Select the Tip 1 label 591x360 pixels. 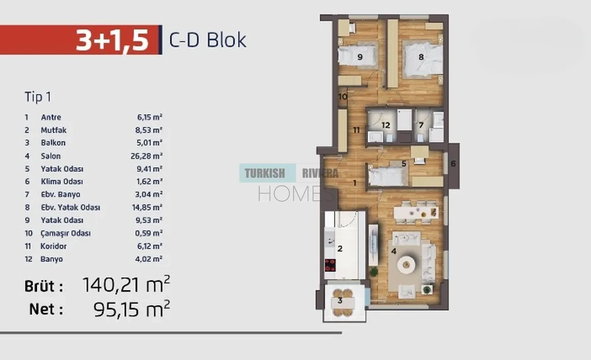[38, 97]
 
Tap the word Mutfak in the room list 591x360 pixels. [54, 130]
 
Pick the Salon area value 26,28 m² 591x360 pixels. [146, 156]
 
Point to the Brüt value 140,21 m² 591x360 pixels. [126, 285]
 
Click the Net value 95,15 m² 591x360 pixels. [131, 309]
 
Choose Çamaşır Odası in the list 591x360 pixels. [66, 233]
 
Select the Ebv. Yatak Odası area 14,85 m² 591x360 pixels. [147, 208]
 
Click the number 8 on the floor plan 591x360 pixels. [421, 57]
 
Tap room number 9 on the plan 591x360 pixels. [360, 57]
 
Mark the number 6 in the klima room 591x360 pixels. [453, 164]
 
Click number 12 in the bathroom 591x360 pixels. [385, 125]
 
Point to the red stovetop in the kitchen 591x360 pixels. [330, 266]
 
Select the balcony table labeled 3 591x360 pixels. [342, 302]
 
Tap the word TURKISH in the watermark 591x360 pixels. [265, 173]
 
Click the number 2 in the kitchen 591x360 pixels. [340, 248]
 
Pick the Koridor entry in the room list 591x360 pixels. [54, 246]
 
